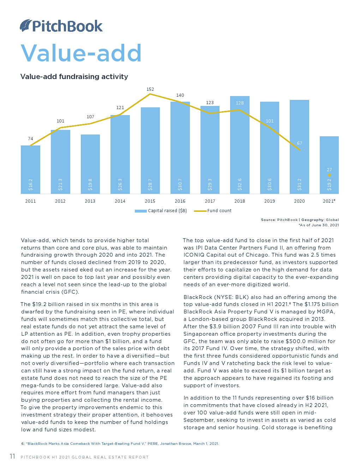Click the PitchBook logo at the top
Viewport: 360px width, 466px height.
point(61,26)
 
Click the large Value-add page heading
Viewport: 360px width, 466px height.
point(81,53)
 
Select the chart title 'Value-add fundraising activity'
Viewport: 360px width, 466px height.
point(74,76)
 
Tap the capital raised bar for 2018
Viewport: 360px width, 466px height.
point(240,145)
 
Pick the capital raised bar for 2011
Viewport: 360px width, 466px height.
point(30,169)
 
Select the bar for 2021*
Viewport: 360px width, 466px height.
point(329,165)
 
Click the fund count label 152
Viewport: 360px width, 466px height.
point(150,89)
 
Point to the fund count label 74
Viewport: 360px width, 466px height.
point(30,138)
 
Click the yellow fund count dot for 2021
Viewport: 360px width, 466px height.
point(329,175)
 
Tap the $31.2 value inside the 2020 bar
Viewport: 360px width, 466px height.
point(300,184)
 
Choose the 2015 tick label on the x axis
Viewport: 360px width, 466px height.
point(150,201)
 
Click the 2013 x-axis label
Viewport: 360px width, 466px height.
point(90,201)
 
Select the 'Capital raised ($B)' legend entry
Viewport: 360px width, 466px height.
point(161,211)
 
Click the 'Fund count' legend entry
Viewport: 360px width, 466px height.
point(213,211)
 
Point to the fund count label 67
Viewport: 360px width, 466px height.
point(299,143)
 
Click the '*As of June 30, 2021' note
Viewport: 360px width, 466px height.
point(319,225)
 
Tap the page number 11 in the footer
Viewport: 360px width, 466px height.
point(12,456)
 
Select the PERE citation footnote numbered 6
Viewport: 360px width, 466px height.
point(120,443)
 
